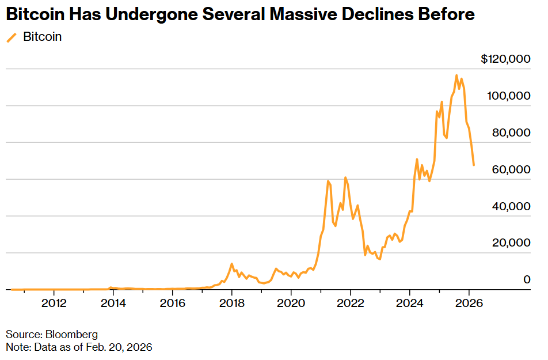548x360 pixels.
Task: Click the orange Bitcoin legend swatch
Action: (x=11, y=37)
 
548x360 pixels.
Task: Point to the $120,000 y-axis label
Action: (x=505, y=59)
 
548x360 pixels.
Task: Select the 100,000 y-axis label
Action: (x=509, y=96)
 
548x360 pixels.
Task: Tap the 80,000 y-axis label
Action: (x=511, y=132)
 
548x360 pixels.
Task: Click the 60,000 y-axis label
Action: (x=511, y=169)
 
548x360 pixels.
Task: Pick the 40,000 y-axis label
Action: (x=511, y=206)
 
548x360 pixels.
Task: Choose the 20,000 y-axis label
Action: (x=511, y=243)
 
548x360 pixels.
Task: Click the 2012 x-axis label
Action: (x=54, y=304)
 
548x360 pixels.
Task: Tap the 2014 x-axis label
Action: (x=113, y=304)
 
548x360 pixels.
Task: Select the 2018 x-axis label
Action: (x=231, y=304)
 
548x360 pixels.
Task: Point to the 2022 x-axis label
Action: (x=350, y=304)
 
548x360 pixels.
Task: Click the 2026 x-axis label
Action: (x=469, y=304)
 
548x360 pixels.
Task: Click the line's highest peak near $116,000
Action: (x=456, y=75)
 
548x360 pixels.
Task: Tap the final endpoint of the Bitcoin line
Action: (x=474, y=165)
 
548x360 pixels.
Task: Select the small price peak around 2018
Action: (x=231, y=264)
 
